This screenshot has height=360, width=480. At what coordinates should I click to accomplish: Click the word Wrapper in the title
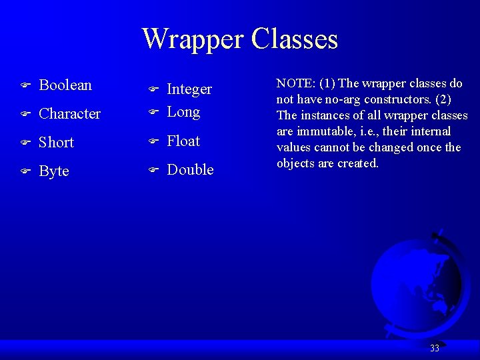coord(193,39)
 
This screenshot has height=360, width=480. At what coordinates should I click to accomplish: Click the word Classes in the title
coord(295,39)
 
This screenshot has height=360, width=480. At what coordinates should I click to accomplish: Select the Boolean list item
coord(65,85)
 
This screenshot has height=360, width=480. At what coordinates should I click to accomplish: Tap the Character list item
coord(70,114)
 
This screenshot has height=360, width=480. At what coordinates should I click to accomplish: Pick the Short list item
coord(56,143)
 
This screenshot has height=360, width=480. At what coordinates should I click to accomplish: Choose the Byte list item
coord(54,171)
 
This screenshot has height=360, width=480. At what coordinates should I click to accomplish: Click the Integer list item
coord(189,89)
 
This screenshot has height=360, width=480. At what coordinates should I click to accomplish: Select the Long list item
coord(183,112)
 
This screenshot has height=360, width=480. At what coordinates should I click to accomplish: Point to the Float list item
coord(183,141)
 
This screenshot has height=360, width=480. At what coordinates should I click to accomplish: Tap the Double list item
coord(190,170)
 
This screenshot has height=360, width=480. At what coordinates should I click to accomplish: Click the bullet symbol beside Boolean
coord(23,86)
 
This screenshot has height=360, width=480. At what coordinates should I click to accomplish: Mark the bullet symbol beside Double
coord(151,171)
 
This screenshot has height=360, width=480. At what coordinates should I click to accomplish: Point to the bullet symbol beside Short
coord(23,143)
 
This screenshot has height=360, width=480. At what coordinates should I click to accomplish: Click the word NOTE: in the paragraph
coord(296,83)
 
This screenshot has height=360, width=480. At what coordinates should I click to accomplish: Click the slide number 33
coord(435,348)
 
